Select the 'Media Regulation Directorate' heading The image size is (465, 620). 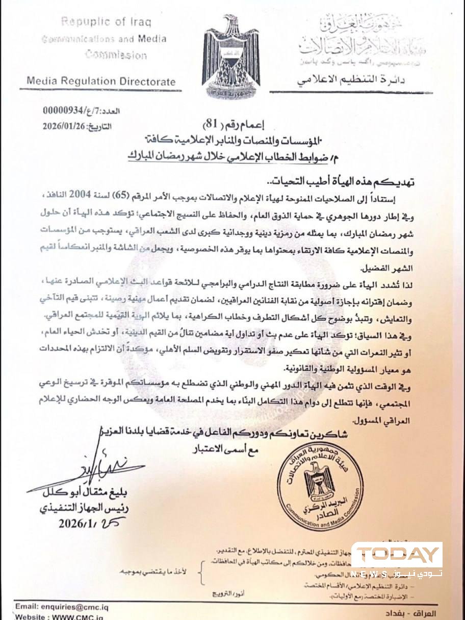(x=100, y=81)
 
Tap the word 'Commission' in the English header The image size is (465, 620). (x=116, y=54)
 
